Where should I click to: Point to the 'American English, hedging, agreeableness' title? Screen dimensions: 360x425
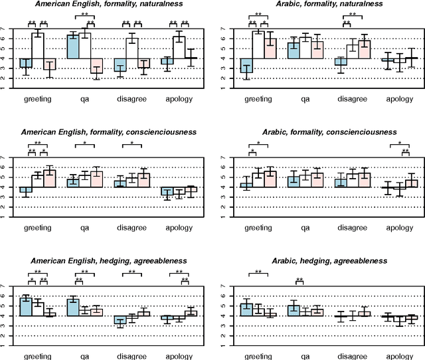[109, 261]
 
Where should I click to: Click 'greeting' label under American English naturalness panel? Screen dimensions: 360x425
[38, 99]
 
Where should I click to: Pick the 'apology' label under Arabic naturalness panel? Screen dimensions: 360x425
[399, 99]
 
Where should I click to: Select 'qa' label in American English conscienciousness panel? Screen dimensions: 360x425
[85, 228]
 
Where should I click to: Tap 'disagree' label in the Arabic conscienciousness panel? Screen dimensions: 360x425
[353, 228]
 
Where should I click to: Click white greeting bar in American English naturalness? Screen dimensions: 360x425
[38, 45]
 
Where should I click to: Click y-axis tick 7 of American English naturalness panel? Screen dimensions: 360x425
[5, 29]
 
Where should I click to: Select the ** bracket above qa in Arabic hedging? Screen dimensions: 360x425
[299, 282]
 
